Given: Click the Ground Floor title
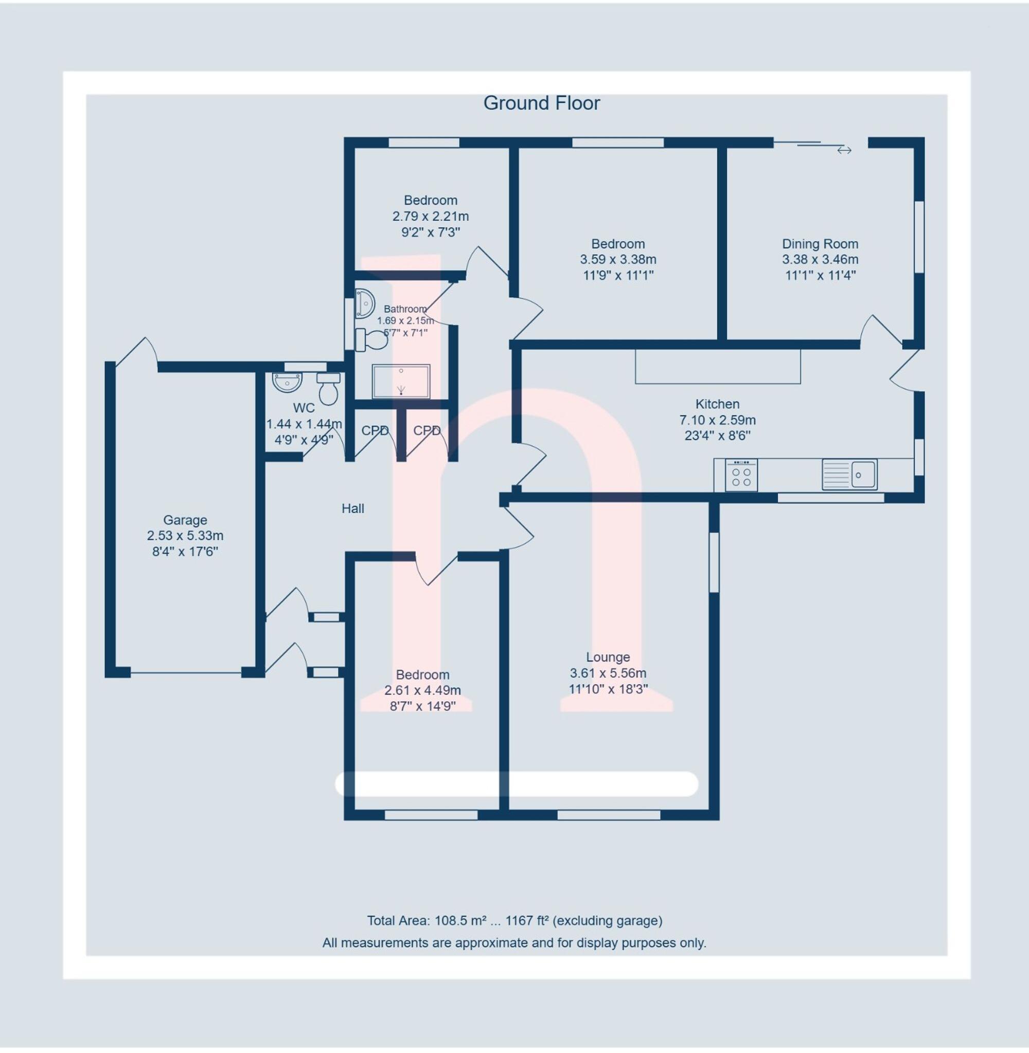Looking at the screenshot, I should click(542, 103).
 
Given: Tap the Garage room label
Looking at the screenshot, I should click(185, 520).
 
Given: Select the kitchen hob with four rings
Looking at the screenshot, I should click(741, 475).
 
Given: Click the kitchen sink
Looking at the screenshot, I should click(849, 474).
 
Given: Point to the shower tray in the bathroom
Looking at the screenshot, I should click(401, 381).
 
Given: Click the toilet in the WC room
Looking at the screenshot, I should click(329, 388).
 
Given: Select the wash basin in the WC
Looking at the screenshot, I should click(287, 382).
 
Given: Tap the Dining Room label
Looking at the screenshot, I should click(820, 244).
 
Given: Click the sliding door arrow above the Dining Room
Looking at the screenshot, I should click(844, 150).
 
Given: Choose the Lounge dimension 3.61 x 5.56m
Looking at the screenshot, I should click(608, 673).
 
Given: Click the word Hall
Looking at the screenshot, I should click(353, 508).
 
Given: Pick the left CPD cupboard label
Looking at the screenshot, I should click(375, 431).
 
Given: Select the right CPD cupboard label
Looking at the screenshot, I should click(427, 431).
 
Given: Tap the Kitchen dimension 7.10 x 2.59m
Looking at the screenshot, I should click(717, 420).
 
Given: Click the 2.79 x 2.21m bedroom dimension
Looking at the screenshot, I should click(431, 216).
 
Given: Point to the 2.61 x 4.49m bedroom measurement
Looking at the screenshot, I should click(422, 690).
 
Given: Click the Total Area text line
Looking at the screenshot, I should click(514, 921).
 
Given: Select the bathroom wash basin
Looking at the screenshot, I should click(364, 303).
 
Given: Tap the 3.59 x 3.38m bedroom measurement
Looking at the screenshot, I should click(618, 259).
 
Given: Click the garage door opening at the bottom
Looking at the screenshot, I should click(185, 673).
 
